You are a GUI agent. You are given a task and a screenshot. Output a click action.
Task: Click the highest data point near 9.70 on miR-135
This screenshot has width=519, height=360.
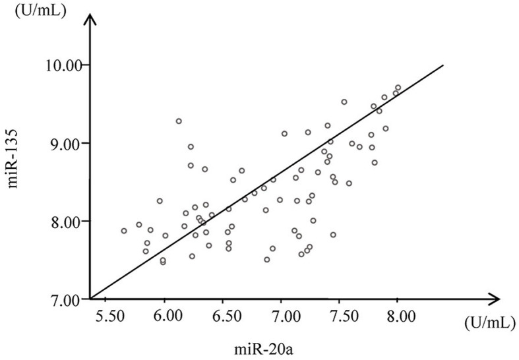click(398, 88)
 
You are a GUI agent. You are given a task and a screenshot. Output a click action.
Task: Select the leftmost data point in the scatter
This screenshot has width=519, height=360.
click(124, 231)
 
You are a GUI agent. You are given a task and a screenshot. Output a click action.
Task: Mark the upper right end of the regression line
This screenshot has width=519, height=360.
click(443, 65)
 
